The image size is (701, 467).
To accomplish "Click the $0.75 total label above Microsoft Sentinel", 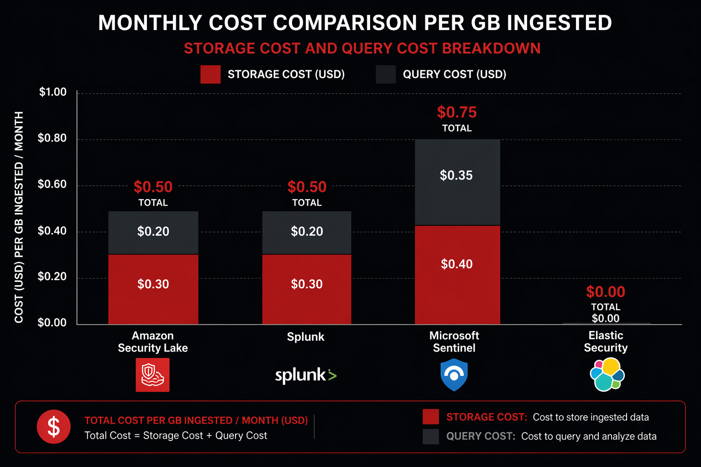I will pos(457,112).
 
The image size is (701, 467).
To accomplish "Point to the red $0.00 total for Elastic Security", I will pos(606,292).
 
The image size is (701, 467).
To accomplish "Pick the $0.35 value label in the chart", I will pos(456,176).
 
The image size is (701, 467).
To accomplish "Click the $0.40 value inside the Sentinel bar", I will pos(457,264).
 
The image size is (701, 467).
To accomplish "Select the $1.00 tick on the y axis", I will pos(52,92).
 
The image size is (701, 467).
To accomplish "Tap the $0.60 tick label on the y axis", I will pos(52,184).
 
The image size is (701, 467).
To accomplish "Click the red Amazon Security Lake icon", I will pos(152,375).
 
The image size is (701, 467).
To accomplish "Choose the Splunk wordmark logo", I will pos(305,375).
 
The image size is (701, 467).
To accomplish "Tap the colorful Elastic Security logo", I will pos(607,374).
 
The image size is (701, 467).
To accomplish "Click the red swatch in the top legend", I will pos(210,74).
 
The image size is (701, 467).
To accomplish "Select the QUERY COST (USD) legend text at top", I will pos(455,74).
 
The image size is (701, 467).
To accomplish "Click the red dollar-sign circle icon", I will pos(54,427).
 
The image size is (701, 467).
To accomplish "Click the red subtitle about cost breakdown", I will pos(362,48).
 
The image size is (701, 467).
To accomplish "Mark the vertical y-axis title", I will pos(19,217).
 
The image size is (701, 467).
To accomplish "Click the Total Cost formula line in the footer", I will pos(176,436).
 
